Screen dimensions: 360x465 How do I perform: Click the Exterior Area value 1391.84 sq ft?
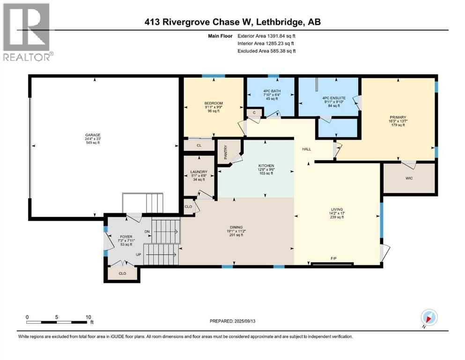[279, 36]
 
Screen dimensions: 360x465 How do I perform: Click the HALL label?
[307, 149]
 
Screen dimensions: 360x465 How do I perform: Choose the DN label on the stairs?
[147, 231]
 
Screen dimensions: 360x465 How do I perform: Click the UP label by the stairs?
[139, 255]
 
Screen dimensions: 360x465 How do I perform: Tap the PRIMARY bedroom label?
[399, 117]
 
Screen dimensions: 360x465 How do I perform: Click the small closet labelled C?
[254, 112]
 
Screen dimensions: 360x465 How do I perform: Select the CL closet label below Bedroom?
[199, 145]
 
